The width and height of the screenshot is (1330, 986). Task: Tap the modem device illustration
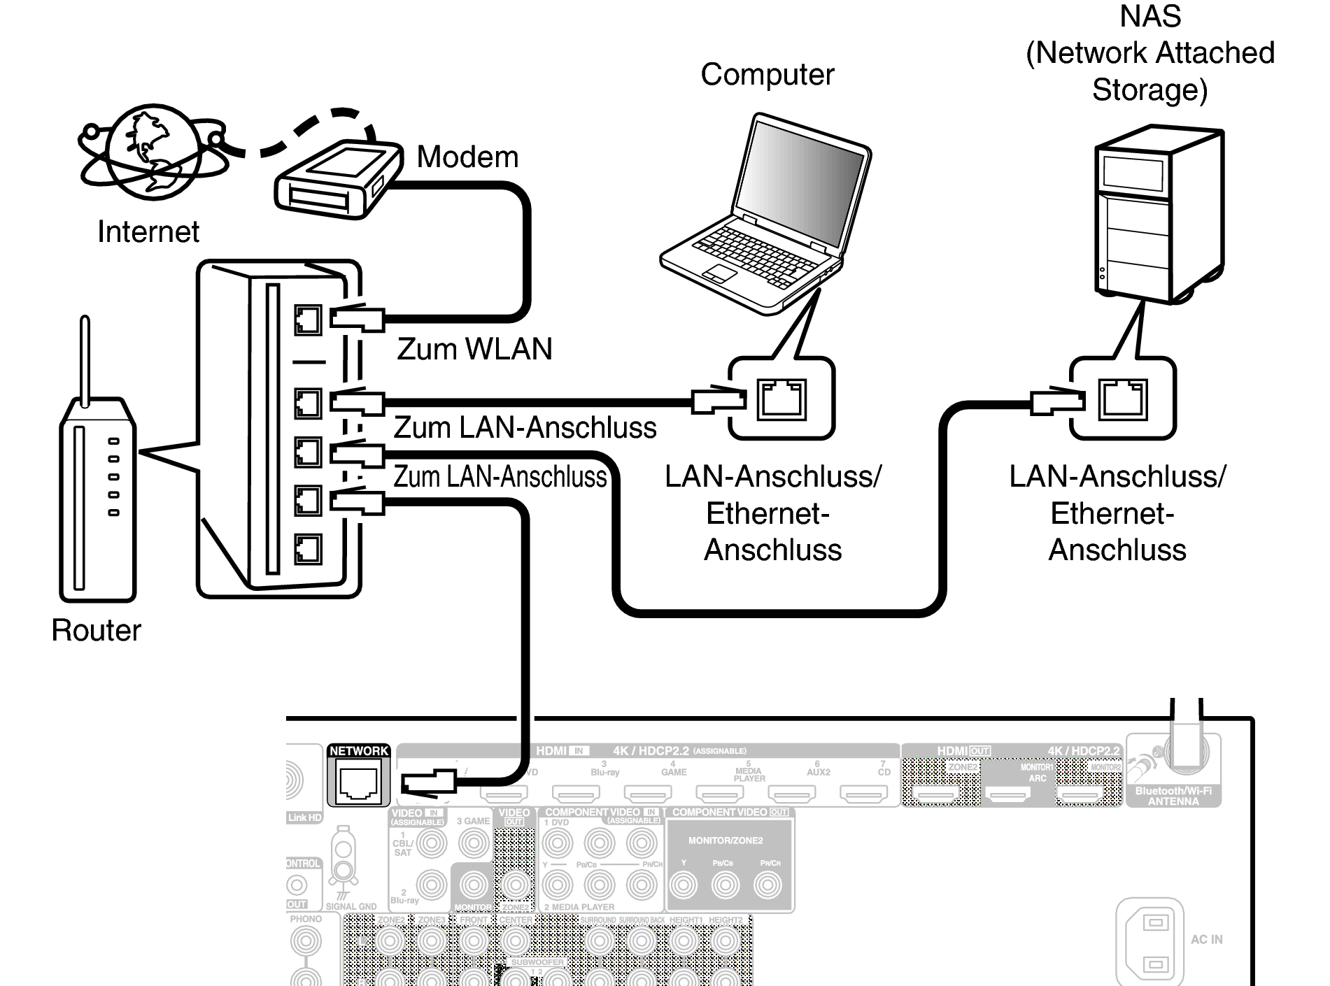[x=339, y=180]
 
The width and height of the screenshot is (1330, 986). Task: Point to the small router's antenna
[x=85, y=360]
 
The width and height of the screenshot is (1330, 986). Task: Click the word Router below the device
[x=96, y=630]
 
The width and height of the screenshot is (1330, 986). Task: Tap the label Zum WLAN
[x=474, y=349]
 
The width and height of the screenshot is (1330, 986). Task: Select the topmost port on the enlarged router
[x=308, y=320]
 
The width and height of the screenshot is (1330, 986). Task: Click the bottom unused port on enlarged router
[x=308, y=549]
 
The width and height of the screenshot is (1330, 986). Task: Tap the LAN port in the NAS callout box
[x=1123, y=398]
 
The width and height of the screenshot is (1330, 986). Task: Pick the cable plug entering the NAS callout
[x=1056, y=401]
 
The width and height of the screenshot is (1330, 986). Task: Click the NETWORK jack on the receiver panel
[x=358, y=783]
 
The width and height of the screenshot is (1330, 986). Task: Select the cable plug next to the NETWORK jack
[x=428, y=781]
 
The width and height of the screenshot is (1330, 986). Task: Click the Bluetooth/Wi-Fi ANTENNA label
[x=1173, y=796]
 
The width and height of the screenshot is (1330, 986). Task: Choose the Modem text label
[x=467, y=157]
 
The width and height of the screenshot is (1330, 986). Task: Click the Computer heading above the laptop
[x=767, y=75]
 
